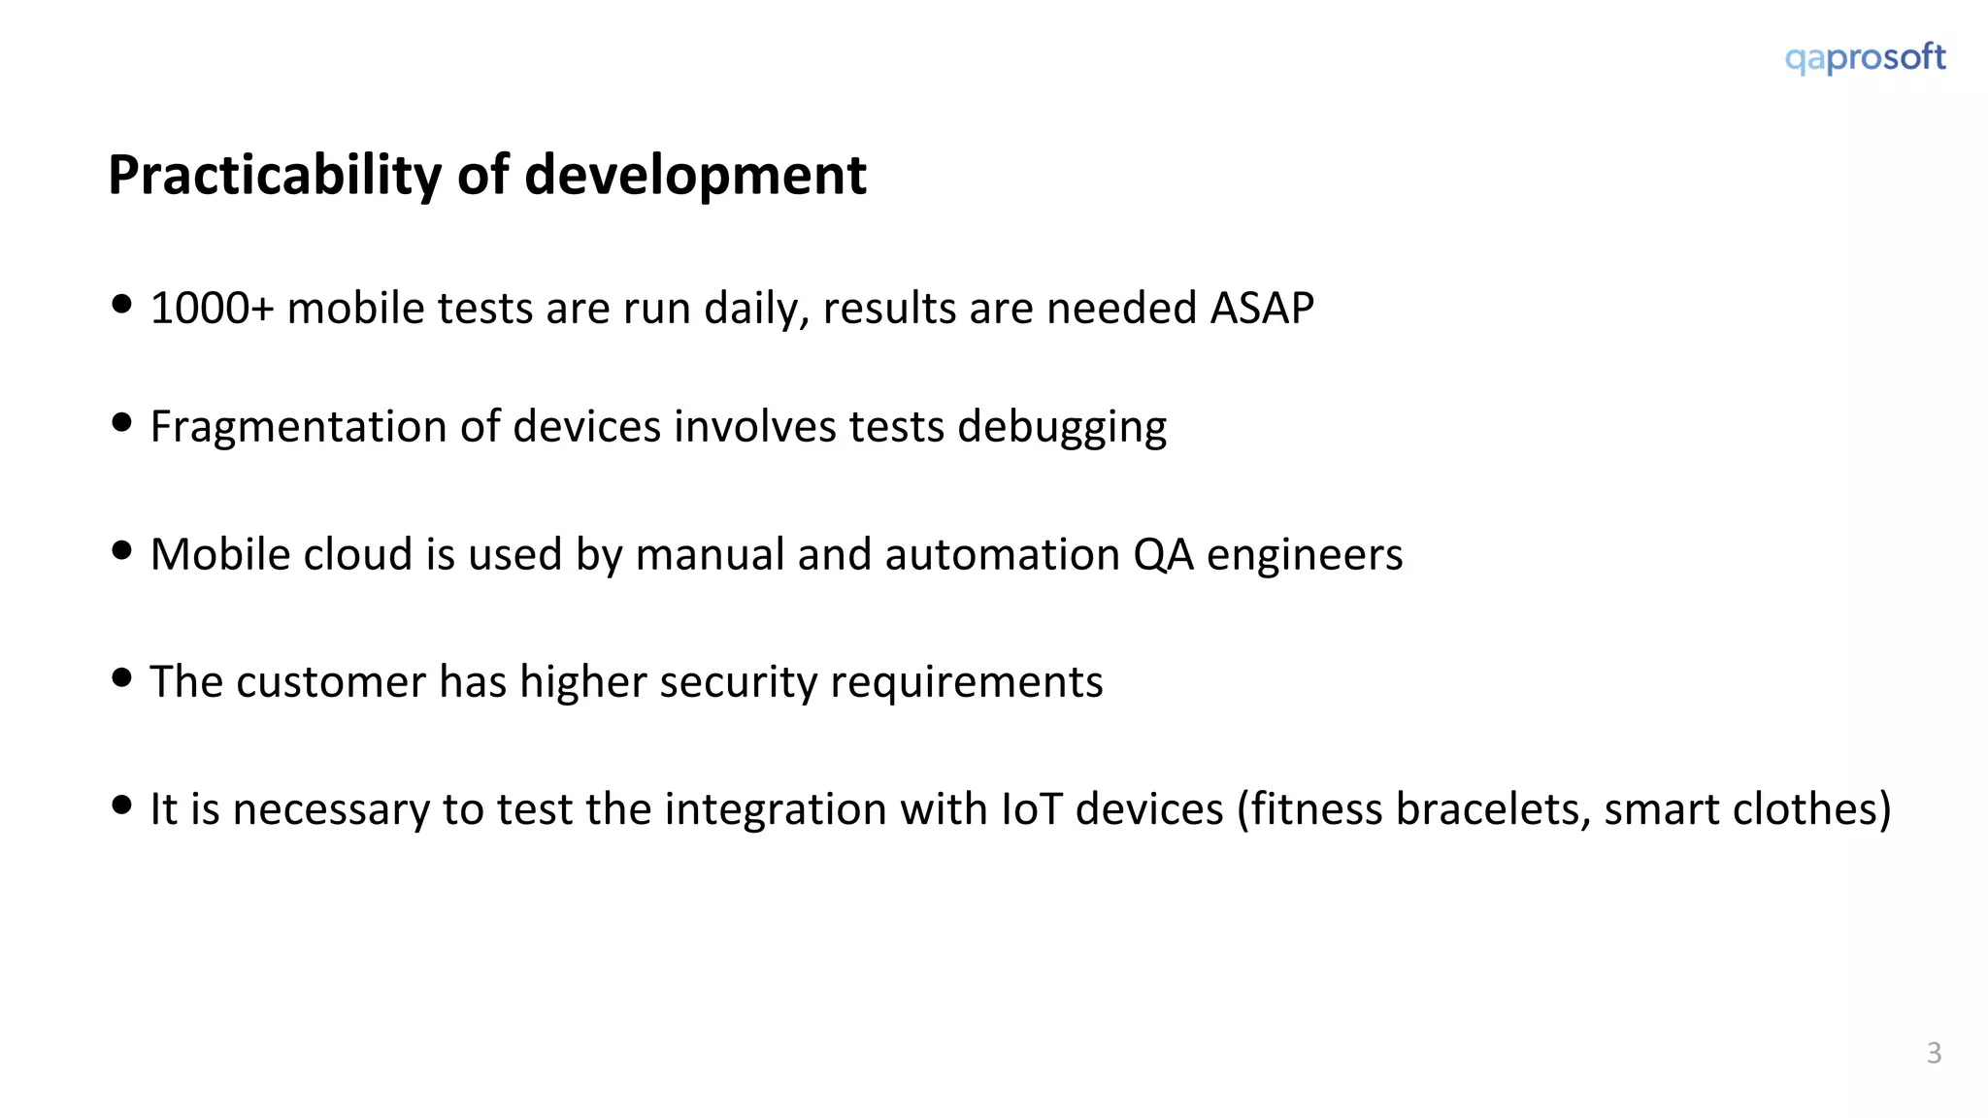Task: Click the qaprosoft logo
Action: [x=1865, y=58]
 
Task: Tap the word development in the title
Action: [x=695, y=176]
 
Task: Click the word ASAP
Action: [x=1262, y=309]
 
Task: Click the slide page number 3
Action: [x=1934, y=1053]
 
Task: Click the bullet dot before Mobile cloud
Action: [x=121, y=551]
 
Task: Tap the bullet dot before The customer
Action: [x=121, y=677]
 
